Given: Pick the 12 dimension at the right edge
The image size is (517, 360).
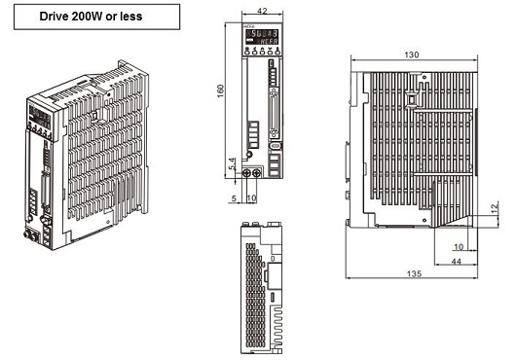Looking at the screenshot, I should pyautogui.click(x=494, y=208).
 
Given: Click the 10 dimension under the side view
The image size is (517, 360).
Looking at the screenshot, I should pyautogui.click(x=459, y=247).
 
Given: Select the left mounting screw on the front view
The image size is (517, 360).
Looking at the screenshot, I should pyautogui.click(x=246, y=172).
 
